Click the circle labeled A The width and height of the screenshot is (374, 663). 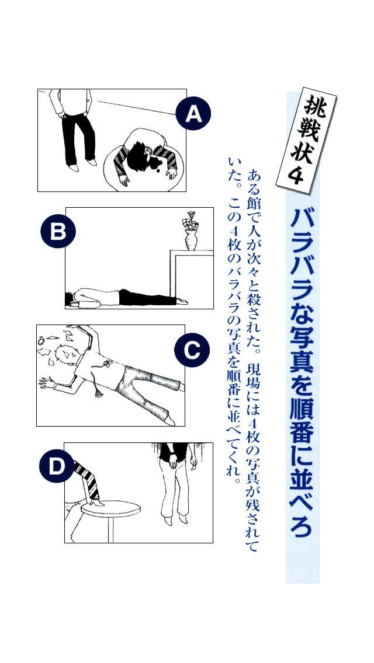193,114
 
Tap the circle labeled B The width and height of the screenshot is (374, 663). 58,231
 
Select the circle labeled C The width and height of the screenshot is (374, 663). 192,350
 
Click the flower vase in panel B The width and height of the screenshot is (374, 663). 191,234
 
